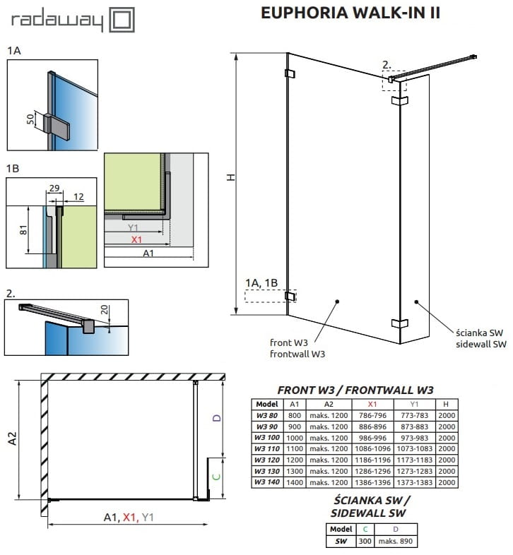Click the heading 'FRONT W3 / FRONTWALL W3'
(355, 389)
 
